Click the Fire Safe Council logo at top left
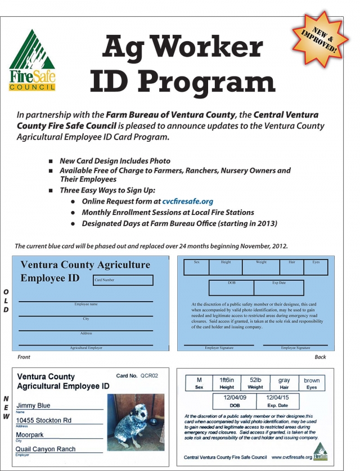tap(33, 60)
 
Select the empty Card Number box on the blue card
tap(123, 280)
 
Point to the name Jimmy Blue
tap(33, 405)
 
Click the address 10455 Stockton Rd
tap(44, 420)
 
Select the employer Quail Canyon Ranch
tap(46, 449)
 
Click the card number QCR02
tap(149, 376)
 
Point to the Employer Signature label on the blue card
tap(219, 348)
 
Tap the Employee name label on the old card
tap(86, 304)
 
